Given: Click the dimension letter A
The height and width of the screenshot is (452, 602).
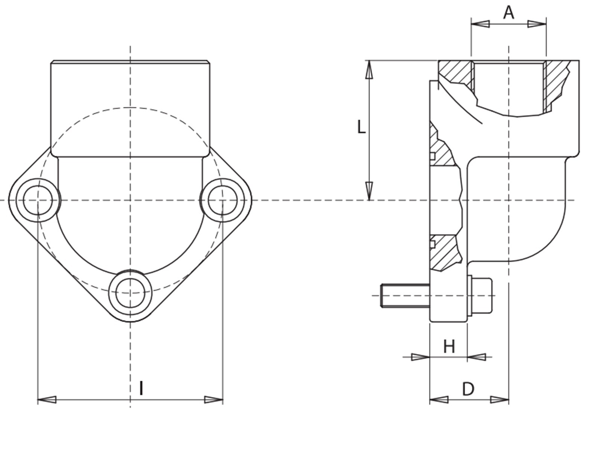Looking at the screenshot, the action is pyautogui.click(x=509, y=13).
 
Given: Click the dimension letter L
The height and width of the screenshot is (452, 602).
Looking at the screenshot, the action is pyautogui.click(x=361, y=127).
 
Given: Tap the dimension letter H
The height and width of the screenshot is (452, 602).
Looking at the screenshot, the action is pyautogui.click(x=449, y=346).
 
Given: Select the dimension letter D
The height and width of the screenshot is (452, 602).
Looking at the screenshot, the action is pyautogui.click(x=468, y=389).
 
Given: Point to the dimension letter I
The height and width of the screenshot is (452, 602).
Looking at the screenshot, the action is pyautogui.click(x=141, y=388).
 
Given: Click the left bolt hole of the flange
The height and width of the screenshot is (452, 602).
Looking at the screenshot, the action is pyautogui.click(x=38, y=200).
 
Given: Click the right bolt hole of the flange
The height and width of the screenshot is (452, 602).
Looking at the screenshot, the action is pyautogui.click(x=223, y=200).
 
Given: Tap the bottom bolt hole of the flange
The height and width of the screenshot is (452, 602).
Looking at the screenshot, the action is pyautogui.click(x=130, y=293).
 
